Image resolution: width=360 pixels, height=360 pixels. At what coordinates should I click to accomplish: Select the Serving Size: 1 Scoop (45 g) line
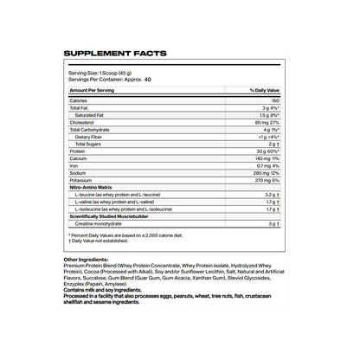click(98, 72)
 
